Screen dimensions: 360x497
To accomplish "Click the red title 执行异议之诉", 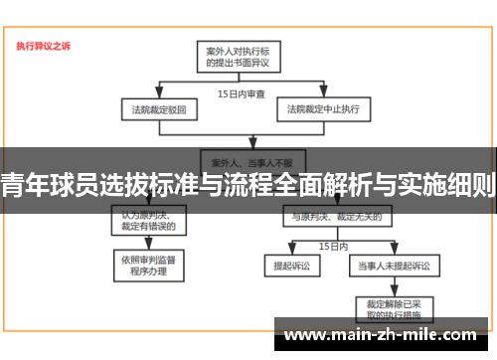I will point(43,46).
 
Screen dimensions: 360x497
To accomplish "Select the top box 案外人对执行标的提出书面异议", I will point(238,56).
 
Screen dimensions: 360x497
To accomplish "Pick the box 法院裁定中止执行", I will point(323,108).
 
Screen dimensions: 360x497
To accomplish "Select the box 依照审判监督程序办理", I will point(149,264).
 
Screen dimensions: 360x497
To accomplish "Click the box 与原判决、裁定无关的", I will point(329,216).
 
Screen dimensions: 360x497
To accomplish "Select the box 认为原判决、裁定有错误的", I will point(149,220).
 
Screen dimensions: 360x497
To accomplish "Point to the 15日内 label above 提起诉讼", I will point(333,244).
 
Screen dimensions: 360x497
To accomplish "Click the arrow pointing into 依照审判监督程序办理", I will point(149,243).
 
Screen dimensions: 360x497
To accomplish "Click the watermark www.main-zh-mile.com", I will point(382,333).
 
